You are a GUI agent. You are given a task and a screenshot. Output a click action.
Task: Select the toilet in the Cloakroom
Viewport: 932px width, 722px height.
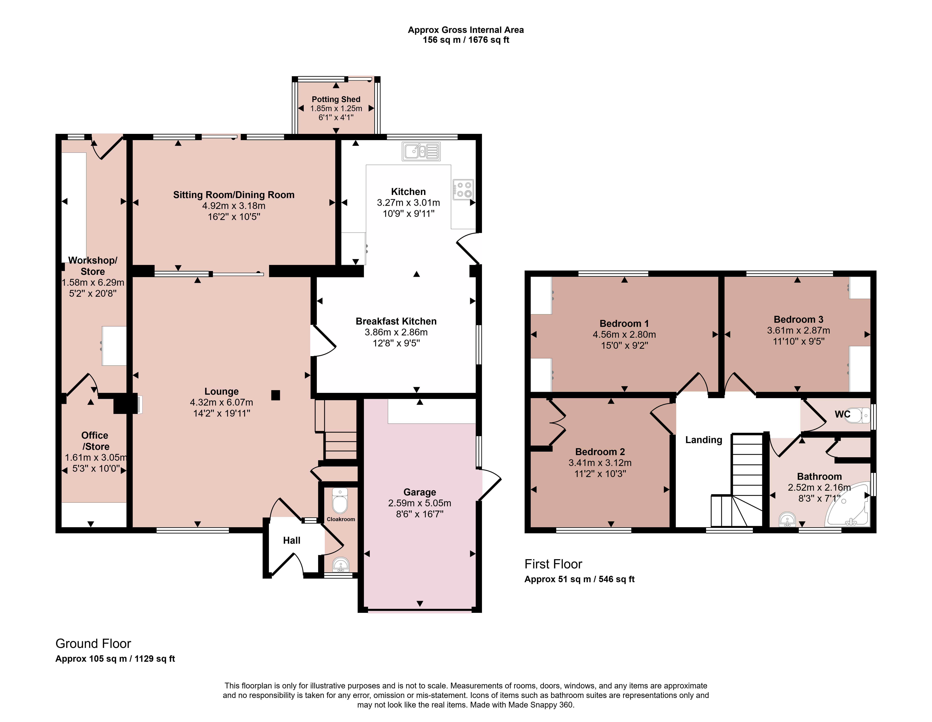tap(340, 500)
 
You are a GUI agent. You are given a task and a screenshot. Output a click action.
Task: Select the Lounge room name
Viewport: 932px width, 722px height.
tap(221, 391)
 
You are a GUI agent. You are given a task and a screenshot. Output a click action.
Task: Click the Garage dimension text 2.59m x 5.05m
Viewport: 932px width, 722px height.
tap(420, 503)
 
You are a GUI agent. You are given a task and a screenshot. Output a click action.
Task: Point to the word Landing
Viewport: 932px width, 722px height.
tap(704, 440)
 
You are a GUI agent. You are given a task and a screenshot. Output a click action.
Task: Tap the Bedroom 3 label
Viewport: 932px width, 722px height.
tap(798, 319)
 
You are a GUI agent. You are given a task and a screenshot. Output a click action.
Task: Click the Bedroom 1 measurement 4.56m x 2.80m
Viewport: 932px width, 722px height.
tap(624, 335)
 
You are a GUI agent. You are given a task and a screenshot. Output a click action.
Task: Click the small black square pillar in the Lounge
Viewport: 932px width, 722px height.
tap(276, 395)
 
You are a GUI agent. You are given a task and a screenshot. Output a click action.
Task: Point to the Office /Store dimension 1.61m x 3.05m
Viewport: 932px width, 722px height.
tap(96, 457)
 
